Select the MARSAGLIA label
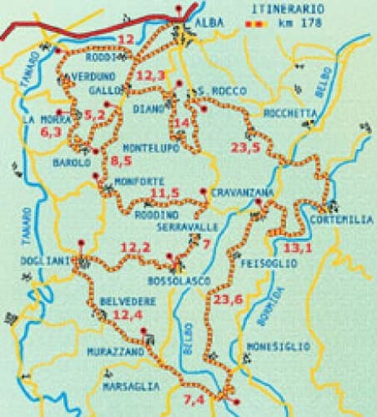pyautogui.click(x=130, y=386)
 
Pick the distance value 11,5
pyautogui.click(x=164, y=193)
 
